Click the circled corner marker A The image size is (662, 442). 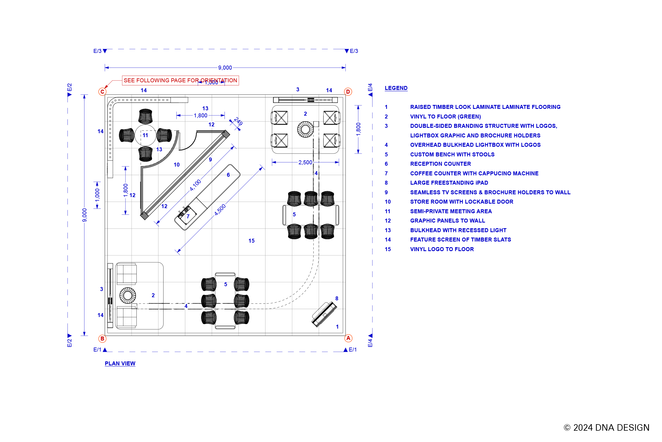tap(348, 338)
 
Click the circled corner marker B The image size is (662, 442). tap(102, 338)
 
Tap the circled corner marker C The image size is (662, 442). tap(102, 92)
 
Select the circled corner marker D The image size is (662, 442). tap(348, 92)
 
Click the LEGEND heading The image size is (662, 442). tap(396, 88)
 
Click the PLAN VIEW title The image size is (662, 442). tap(120, 363)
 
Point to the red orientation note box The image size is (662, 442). tap(180, 80)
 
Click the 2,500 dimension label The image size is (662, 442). tap(305, 162)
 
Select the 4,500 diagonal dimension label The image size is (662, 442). tap(220, 210)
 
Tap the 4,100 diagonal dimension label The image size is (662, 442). tap(195, 185)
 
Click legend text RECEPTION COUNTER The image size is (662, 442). tap(440, 164)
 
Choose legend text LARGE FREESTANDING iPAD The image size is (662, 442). tap(449, 183)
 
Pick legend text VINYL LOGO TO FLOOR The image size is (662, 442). tap(442, 249)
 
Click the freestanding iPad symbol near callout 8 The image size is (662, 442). tap(324, 314)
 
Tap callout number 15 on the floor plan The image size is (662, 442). tap(251, 241)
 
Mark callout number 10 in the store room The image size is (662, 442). tap(177, 165)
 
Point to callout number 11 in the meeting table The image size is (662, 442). tap(145, 135)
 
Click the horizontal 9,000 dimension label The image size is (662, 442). tap(225, 68)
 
